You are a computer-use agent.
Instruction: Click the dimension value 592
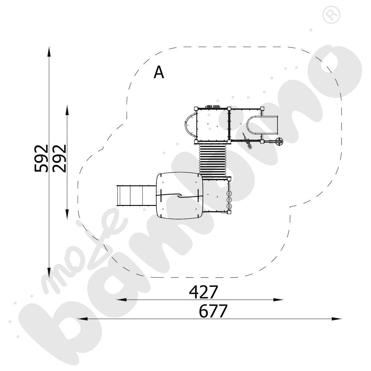pyautogui.click(x=41, y=158)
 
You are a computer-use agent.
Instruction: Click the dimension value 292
pyautogui.click(x=59, y=158)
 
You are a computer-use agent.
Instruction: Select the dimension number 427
pyautogui.click(x=203, y=292)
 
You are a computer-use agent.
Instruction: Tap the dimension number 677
pyautogui.click(x=213, y=311)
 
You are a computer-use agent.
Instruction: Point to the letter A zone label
pyautogui.click(x=158, y=72)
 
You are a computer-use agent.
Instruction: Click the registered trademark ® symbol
pyautogui.click(x=331, y=15)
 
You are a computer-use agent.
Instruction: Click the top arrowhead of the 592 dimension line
pyautogui.click(x=49, y=52)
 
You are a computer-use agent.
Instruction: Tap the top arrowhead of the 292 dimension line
pyautogui.click(x=67, y=110)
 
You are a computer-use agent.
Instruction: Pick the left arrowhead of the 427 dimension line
pyautogui.click(x=122, y=299)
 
